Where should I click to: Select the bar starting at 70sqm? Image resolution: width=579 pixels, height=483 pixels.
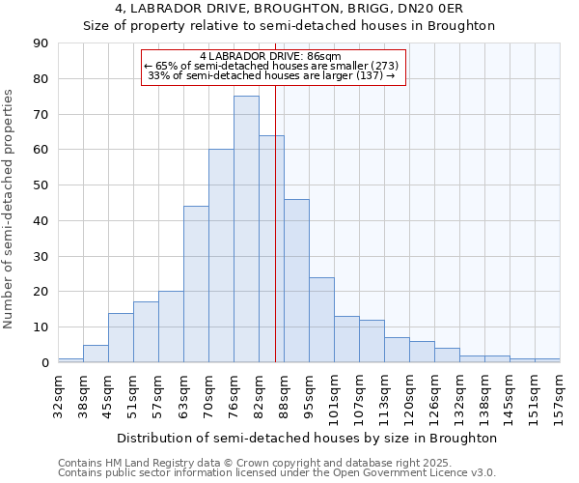pos(221,256)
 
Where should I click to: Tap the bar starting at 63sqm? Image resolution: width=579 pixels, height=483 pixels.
pos(196,284)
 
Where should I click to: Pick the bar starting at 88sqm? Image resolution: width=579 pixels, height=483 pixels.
pos(296,280)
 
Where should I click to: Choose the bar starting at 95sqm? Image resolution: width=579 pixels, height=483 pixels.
pos(321,320)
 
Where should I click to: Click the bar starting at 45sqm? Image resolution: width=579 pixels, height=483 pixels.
pos(121,337)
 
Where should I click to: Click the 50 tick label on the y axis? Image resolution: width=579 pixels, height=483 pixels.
pos(41,185)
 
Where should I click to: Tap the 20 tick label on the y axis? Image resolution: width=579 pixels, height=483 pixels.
pos(41,292)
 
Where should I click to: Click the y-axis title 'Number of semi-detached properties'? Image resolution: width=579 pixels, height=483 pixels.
pos(9,209)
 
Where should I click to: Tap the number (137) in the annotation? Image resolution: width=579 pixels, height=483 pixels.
pos(370,75)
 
